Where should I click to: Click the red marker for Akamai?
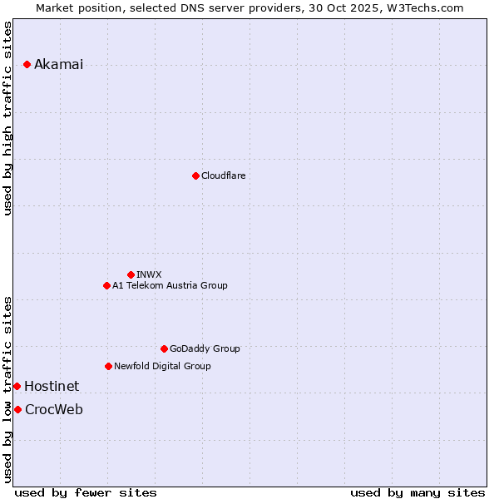tap(27, 64)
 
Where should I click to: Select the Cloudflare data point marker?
tap(195, 175)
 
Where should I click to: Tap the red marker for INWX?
tap(131, 274)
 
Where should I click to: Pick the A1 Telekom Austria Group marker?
tap(106, 285)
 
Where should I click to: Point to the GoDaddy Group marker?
tap(164, 348)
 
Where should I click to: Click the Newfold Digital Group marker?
tap(108, 366)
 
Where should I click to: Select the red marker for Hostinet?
tap(17, 386)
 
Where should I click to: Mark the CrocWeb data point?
tap(17, 409)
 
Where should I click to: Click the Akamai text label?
tap(58, 65)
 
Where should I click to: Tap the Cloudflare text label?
tap(223, 175)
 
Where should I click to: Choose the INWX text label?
tap(149, 274)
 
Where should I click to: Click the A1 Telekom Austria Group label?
tap(170, 285)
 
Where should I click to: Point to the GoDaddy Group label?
tap(205, 348)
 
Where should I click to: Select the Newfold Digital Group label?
tap(162, 366)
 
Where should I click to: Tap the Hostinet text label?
tap(52, 386)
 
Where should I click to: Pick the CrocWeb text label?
tap(54, 409)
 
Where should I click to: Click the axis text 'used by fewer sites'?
tap(86, 492)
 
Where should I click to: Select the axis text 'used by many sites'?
tap(417, 492)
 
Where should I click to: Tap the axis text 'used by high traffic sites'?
tap(7, 118)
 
